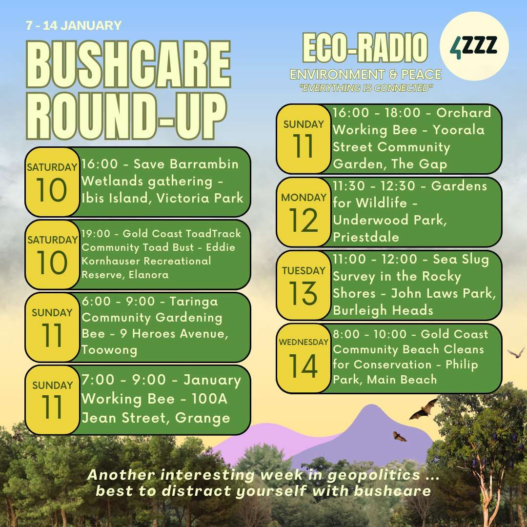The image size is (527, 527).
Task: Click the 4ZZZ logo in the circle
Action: [474, 46]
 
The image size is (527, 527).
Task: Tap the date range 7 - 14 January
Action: [74, 25]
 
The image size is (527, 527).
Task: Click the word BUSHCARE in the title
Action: [128, 64]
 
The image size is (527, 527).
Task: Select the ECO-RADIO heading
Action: [365, 48]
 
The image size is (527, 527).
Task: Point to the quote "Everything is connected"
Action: [366, 88]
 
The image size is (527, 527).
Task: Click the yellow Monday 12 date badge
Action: [304, 212]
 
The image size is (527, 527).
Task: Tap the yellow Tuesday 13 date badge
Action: [304, 285]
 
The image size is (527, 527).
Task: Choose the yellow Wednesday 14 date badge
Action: [304, 358]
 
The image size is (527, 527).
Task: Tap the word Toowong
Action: [109, 350]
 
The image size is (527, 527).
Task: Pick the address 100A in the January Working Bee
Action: [209, 399]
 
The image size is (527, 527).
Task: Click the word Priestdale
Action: [366, 237]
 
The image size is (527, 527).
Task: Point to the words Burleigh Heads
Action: [383, 310]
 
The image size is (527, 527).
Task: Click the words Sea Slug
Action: [461, 260]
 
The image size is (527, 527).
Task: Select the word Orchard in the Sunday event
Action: [464, 113]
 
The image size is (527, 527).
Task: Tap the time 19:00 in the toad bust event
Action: [96, 234]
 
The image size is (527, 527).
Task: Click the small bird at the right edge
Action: [516, 353]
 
